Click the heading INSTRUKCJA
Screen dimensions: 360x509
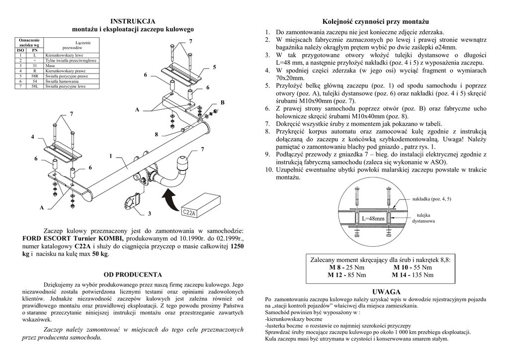pos(133,21)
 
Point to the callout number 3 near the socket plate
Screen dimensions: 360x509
pos(149,214)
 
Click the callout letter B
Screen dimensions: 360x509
pos(222,102)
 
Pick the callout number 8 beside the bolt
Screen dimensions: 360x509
pos(156,134)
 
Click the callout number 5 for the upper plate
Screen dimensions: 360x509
pos(215,67)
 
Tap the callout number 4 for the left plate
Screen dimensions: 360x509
pos(33,137)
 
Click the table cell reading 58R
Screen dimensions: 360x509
pos(34,77)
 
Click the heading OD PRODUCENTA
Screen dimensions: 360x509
pos(133,274)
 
